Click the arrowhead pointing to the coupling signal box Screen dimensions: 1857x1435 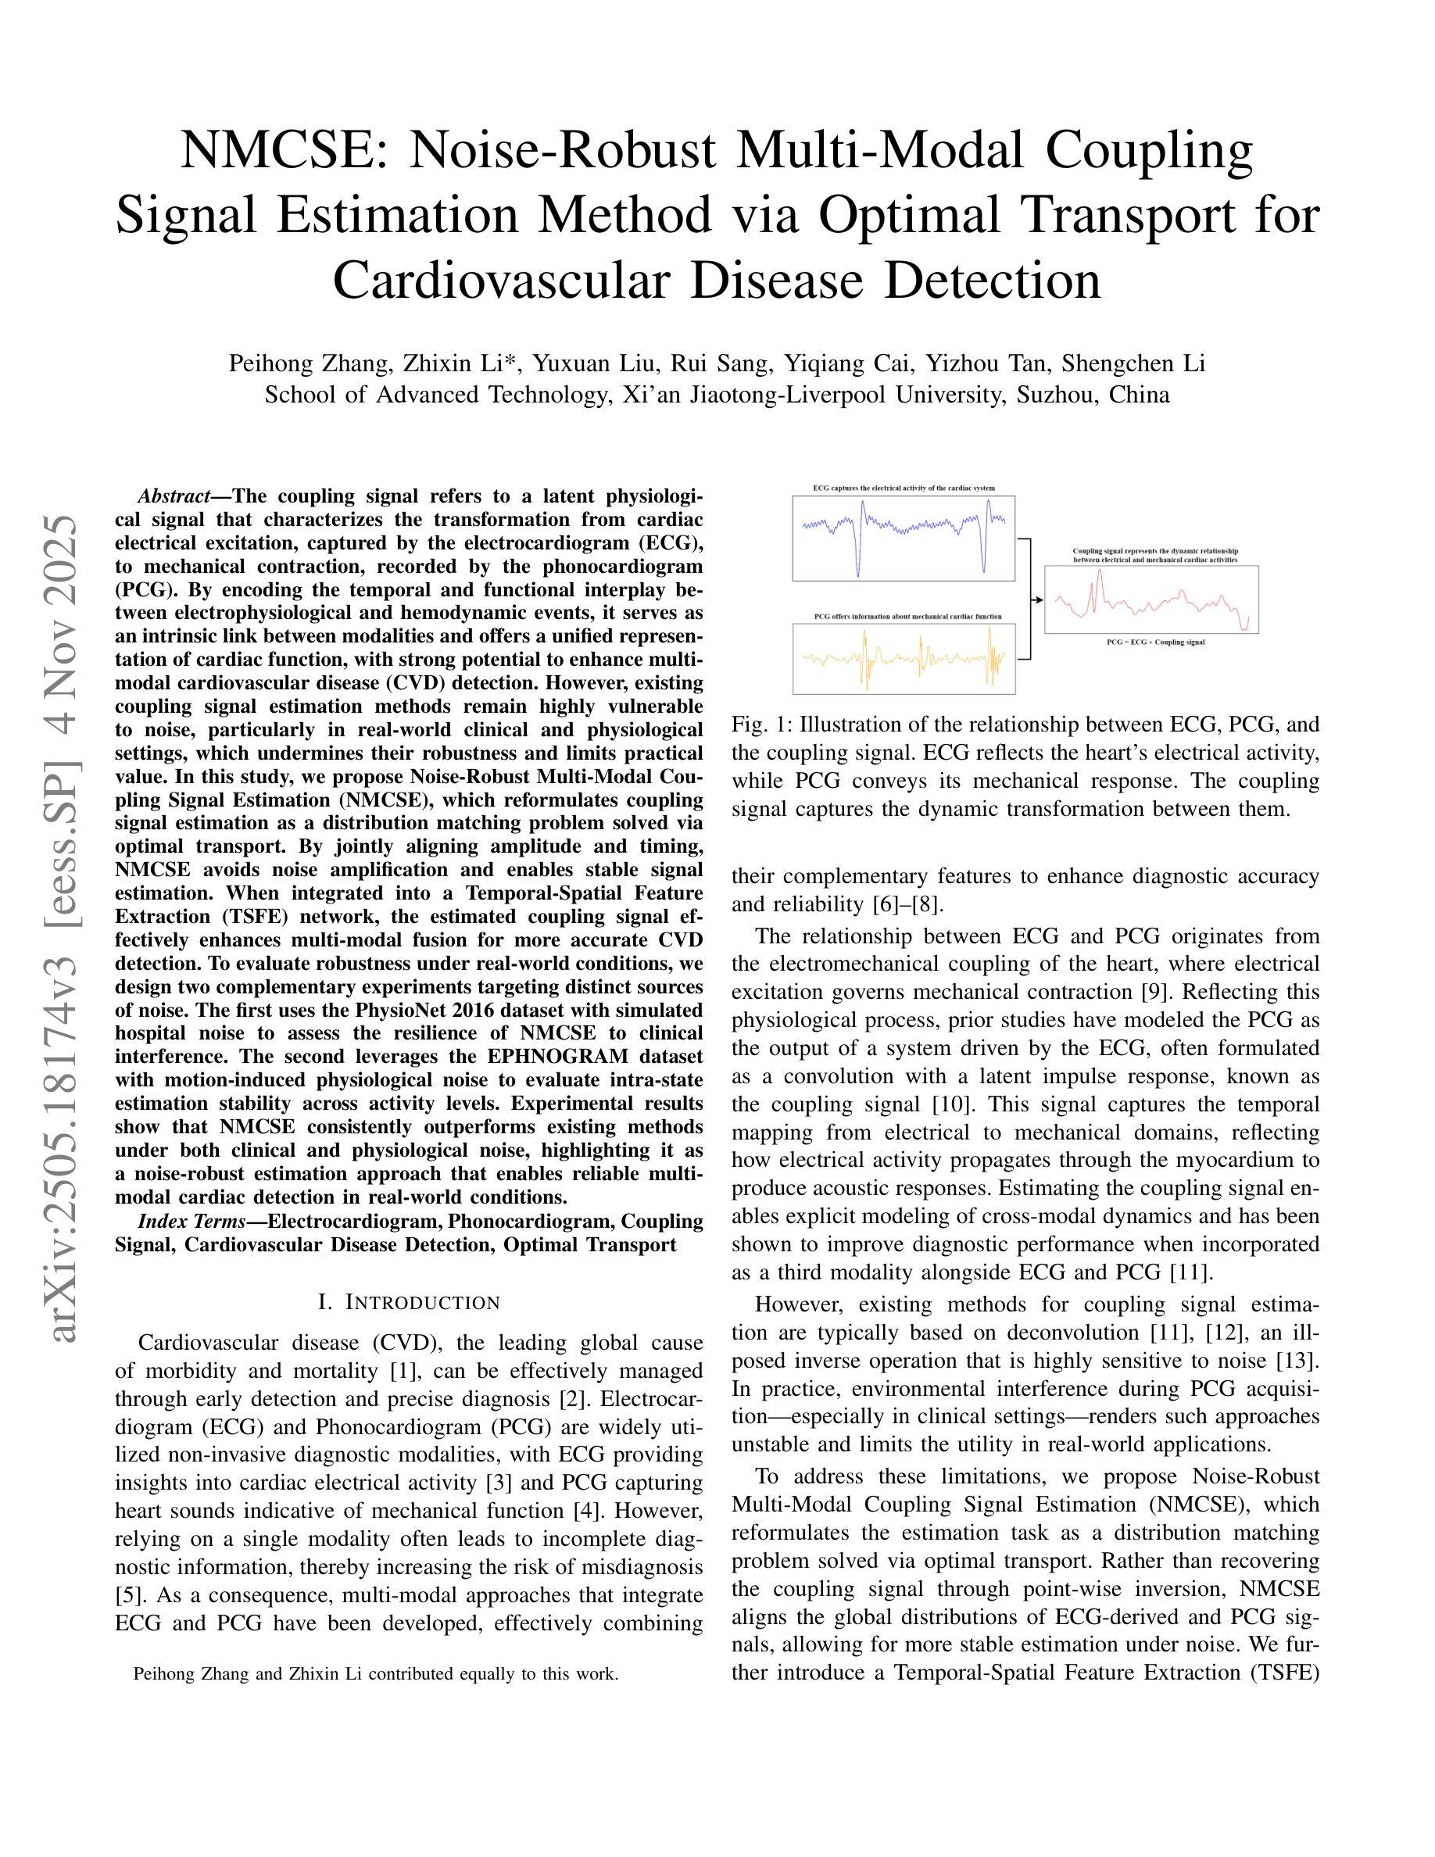pyautogui.click(x=1038, y=599)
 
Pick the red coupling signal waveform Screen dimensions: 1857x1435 pyautogui.click(x=1151, y=600)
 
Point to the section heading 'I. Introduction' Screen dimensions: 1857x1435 pyautogui.click(x=409, y=1303)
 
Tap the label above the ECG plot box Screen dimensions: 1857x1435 pyautogui.click(x=903, y=488)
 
